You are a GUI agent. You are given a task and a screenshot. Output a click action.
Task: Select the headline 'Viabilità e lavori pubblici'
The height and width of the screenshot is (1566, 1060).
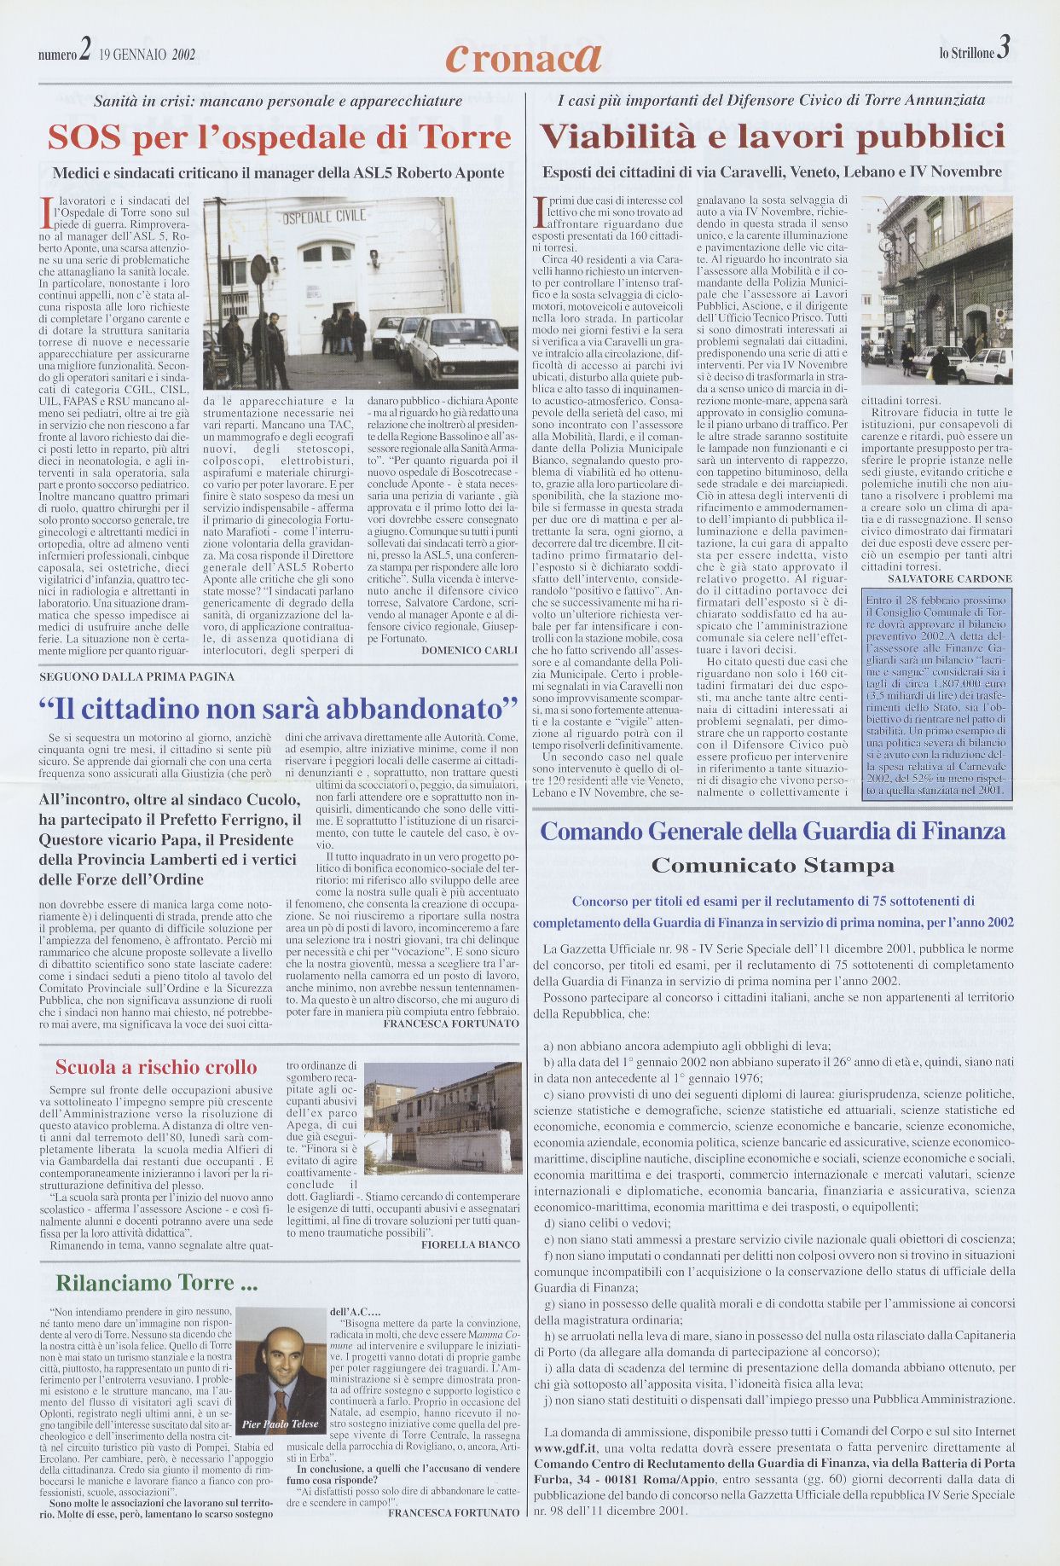point(773,137)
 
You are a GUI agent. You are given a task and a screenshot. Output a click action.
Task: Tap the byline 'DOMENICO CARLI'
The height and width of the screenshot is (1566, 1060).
point(469,650)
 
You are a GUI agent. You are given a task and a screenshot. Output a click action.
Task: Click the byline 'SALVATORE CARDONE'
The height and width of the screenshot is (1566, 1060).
point(949,578)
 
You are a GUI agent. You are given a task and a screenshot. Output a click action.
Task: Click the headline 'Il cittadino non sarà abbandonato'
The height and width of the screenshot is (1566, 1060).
point(279,708)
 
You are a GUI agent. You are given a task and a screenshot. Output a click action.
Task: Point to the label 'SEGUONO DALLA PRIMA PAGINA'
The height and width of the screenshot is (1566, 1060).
point(136,676)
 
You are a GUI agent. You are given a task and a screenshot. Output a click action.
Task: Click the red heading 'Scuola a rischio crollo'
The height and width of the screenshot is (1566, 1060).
point(156,1067)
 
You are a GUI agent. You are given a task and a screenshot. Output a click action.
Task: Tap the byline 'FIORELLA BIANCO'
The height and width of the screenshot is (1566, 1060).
point(470,1244)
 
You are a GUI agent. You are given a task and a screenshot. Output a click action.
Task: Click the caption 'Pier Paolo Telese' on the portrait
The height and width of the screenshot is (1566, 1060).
point(280,1424)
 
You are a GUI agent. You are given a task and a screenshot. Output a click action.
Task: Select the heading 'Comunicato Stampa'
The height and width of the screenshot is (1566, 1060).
point(773,866)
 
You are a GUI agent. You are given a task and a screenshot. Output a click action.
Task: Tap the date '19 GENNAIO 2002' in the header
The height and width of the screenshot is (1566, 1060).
point(148,55)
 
